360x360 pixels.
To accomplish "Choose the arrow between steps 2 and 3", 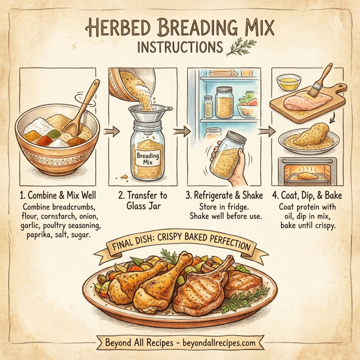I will coord(178,130).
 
